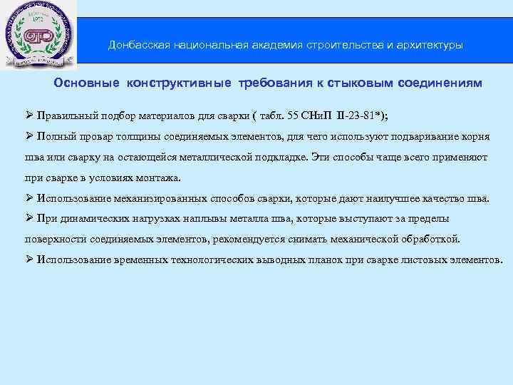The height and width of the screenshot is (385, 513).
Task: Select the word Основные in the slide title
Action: coord(88,83)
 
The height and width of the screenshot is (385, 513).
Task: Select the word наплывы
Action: coord(172,218)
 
